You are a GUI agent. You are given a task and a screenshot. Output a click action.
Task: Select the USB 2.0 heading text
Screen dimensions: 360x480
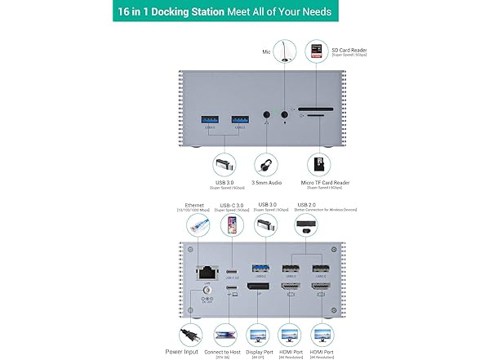point(306,204)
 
